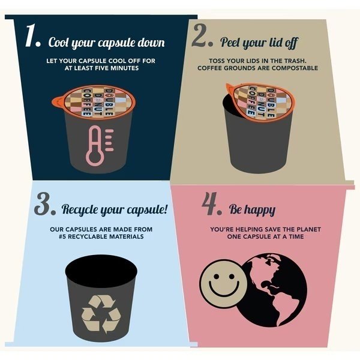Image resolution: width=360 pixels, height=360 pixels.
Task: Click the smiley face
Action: (x=223, y=283)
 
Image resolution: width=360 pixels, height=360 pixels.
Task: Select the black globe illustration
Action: (x=272, y=290)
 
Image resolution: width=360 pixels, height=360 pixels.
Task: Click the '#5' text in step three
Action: (x=62, y=236)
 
